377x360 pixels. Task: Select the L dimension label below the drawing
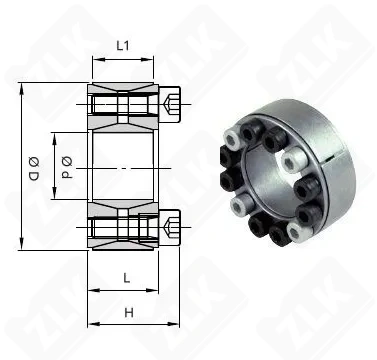tap(125, 275)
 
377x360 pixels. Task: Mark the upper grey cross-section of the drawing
tap(125, 104)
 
